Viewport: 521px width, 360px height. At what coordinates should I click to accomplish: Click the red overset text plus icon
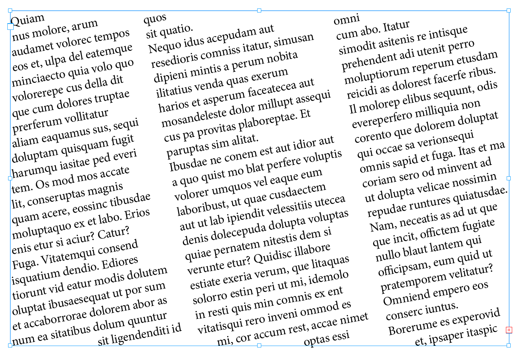coord(509,330)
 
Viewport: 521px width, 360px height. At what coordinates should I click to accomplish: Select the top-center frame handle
coord(259,11)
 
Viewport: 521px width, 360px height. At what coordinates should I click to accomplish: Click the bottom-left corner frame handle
coord(10,345)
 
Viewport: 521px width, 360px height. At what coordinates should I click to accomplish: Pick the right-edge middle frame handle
coord(509,178)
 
